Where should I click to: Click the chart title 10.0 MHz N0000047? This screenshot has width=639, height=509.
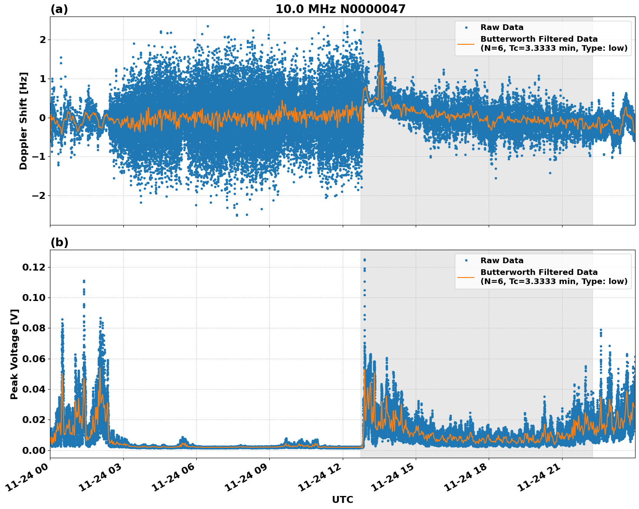point(340,9)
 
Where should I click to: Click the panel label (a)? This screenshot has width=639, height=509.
point(59,9)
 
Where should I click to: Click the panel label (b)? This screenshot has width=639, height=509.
point(59,242)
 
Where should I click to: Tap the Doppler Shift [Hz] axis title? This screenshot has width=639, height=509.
point(23,121)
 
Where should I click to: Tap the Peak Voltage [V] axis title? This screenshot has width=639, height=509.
point(14,354)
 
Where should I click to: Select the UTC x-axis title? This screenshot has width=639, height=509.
point(342,499)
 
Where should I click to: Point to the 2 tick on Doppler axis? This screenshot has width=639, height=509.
point(43,40)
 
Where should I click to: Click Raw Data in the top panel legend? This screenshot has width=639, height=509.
point(502,27)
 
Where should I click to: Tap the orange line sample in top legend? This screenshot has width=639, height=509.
point(466,43)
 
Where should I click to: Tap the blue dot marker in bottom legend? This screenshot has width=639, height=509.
point(466,261)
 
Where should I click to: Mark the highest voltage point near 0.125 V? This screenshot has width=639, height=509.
point(364,260)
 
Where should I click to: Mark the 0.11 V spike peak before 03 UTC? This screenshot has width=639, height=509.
point(84,281)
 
